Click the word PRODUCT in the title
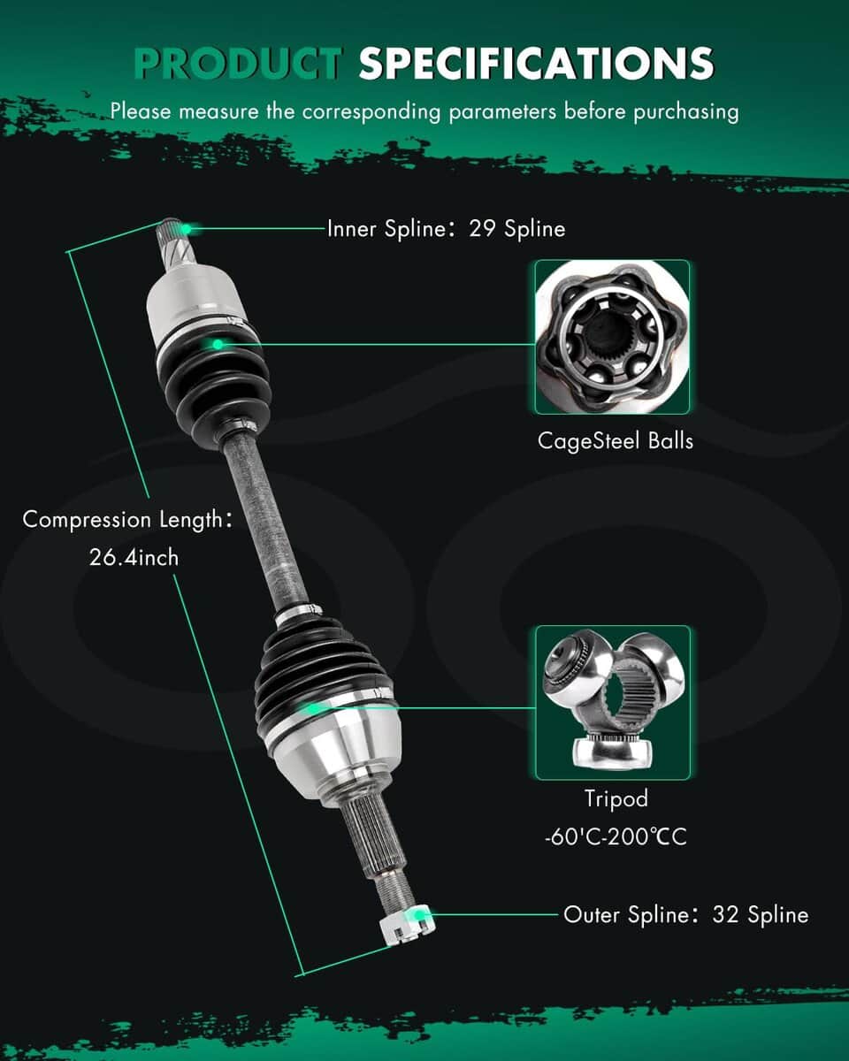tap(238, 63)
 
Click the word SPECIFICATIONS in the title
tap(536, 63)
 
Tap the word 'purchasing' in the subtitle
tap(685, 112)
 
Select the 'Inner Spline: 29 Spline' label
tap(446, 229)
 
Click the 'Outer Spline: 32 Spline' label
tap(685, 914)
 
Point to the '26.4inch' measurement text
tap(134, 558)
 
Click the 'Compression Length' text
tap(122, 520)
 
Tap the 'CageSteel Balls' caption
tap(616, 441)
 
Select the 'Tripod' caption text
tap(616, 798)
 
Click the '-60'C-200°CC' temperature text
tap(616, 836)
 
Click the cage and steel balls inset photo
tap(612, 337)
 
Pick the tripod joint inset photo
tap(613, 702)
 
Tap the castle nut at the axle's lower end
tap(408, 923)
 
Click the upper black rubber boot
tap(215, 374)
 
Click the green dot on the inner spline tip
tap(186, 229)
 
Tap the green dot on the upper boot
tap(218, 344)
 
